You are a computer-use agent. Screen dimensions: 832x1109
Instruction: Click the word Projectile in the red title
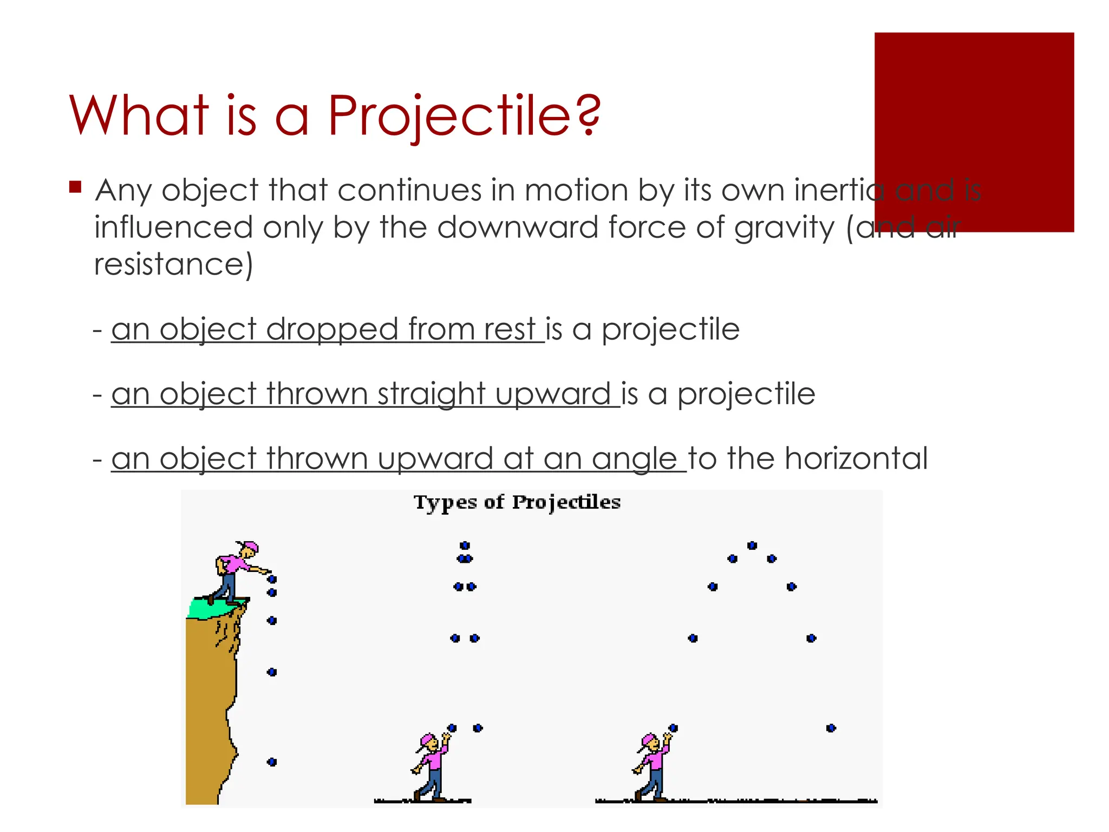449,115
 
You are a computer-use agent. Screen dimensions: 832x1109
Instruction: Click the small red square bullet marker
75,187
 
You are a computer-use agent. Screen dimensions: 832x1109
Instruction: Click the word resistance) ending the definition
173,264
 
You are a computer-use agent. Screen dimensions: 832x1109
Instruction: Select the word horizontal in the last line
856,458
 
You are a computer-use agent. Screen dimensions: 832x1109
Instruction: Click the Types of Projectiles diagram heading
517,502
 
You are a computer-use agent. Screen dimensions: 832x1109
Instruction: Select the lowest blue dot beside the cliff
272,762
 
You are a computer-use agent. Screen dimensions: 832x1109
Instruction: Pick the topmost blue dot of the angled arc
752,545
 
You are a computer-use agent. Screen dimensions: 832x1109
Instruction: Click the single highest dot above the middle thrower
465,545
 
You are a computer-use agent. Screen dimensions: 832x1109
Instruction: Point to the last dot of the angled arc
831,728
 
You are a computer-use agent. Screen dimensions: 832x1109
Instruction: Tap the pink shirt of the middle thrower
434,759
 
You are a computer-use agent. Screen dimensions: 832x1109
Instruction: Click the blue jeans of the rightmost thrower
656,782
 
